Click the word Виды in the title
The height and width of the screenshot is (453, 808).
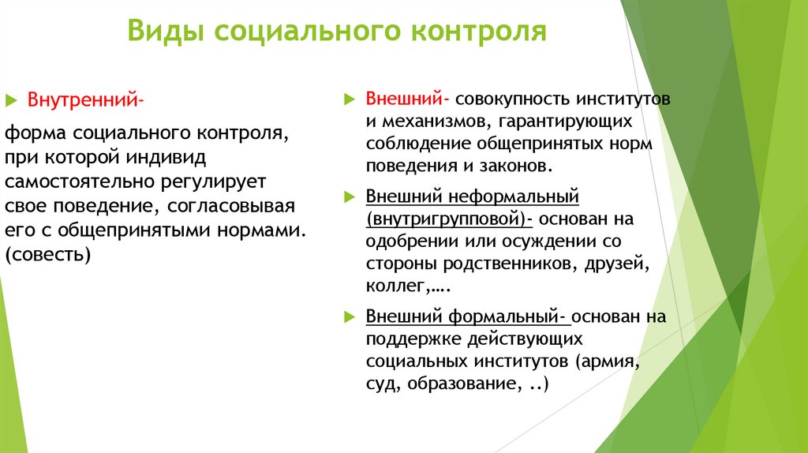(163, 32)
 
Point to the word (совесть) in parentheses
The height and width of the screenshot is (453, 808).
(48, 255)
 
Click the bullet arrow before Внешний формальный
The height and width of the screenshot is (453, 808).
(350, 317)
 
